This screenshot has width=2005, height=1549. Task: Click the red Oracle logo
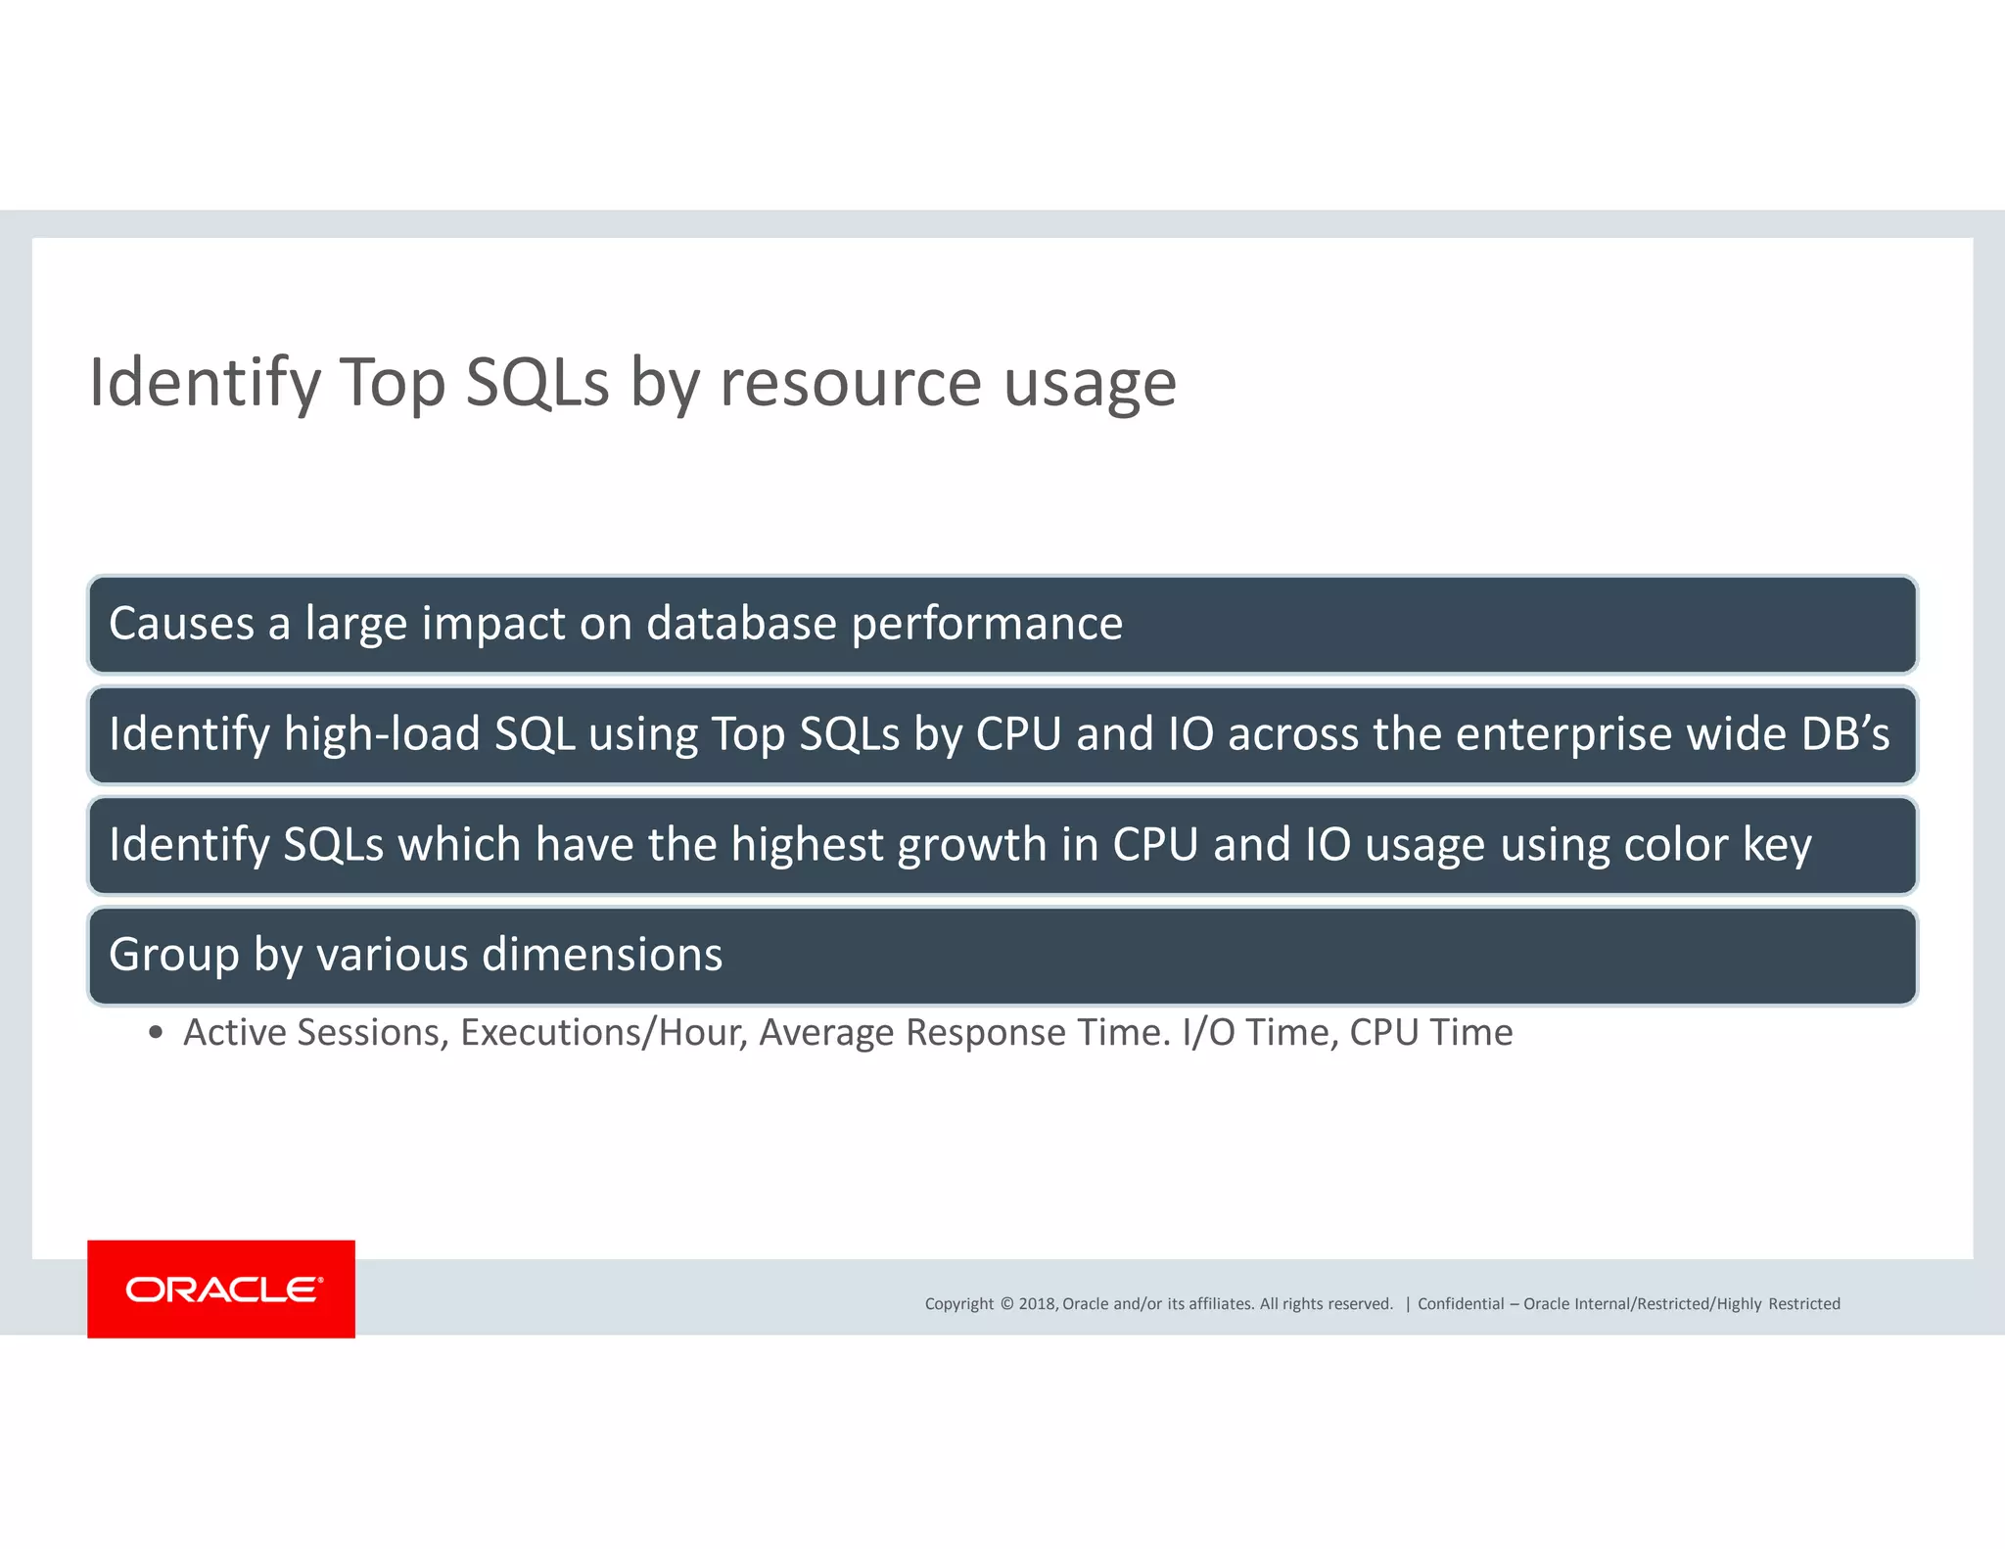[x=221, y=1289]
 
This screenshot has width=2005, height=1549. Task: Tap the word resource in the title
[x=850, y=383]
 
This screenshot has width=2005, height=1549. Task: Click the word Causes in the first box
[x=181, y=624]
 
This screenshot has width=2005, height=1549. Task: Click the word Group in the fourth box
[x=173, y=956]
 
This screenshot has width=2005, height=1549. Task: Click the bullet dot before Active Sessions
[x=155, y=1034]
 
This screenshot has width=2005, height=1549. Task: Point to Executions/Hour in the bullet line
[x=604, y=1033]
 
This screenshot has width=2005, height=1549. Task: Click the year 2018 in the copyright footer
[x=1037, y=1304]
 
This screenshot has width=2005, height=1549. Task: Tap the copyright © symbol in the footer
[x=1006, y=1304]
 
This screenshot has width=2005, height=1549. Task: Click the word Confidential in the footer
[x=1461, y=1304]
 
